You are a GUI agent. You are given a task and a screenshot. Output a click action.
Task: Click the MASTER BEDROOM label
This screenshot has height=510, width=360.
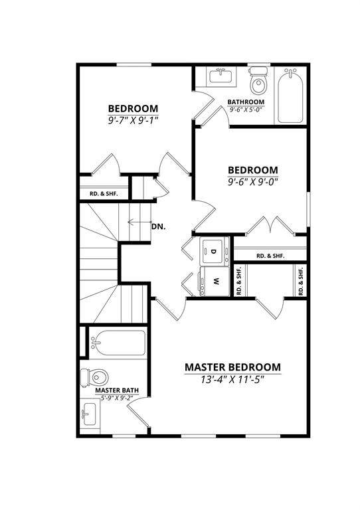[x=232, y=367]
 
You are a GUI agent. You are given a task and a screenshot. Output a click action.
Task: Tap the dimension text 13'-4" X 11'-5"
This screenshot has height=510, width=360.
[x=232, y=380]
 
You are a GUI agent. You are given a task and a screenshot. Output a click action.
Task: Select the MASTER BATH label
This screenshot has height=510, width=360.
[x=117, y=390]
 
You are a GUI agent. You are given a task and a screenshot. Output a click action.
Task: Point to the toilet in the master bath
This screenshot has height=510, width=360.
[x=94, y=378]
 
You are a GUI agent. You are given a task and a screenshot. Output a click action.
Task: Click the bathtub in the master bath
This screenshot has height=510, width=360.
[x=118, y=343]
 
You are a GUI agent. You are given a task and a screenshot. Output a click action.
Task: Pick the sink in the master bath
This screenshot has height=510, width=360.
[x=89, y=414]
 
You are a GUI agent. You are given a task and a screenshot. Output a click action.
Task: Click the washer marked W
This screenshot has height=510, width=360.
[x=215, y=282]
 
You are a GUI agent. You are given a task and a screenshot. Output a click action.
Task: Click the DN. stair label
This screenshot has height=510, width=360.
[x=158, y=226]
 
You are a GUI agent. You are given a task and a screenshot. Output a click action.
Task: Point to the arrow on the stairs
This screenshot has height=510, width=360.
[x=139, y=222]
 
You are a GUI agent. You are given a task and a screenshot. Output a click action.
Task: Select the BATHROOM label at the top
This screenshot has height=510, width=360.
[x=246, y=102]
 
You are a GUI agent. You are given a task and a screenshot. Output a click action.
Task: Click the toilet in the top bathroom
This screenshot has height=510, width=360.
[x=258, y=80]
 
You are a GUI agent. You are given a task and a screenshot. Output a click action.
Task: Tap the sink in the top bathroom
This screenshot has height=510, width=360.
[x=221, y=76]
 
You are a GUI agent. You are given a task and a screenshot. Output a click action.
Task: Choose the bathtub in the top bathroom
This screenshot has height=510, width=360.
[x=290, y=96]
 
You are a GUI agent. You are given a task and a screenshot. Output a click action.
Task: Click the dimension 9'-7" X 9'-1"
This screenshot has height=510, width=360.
[x=133, y=120]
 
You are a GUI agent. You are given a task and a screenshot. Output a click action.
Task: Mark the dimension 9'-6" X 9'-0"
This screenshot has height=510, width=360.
[x=252, y=181]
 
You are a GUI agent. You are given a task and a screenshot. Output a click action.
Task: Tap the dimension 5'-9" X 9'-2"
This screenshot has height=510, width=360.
[x=117, y=398]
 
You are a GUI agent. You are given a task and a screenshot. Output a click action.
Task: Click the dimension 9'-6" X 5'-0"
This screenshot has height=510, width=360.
[x=246, y=110]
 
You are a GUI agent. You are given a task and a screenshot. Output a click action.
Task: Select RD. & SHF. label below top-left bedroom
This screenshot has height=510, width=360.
[x=104, y=194]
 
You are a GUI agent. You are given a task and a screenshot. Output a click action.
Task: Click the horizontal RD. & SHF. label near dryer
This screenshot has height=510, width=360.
[x=270, y=256]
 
